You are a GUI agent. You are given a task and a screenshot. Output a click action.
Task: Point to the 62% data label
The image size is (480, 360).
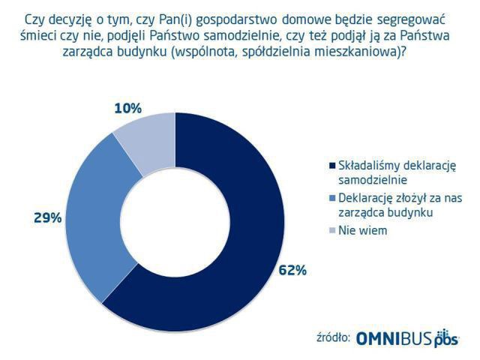click(x=292, y=271)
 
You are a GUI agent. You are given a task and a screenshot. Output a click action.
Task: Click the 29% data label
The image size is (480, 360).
click(x=47, y=218)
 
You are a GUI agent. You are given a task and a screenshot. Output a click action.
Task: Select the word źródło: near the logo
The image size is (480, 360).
click(x=331, y=338)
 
